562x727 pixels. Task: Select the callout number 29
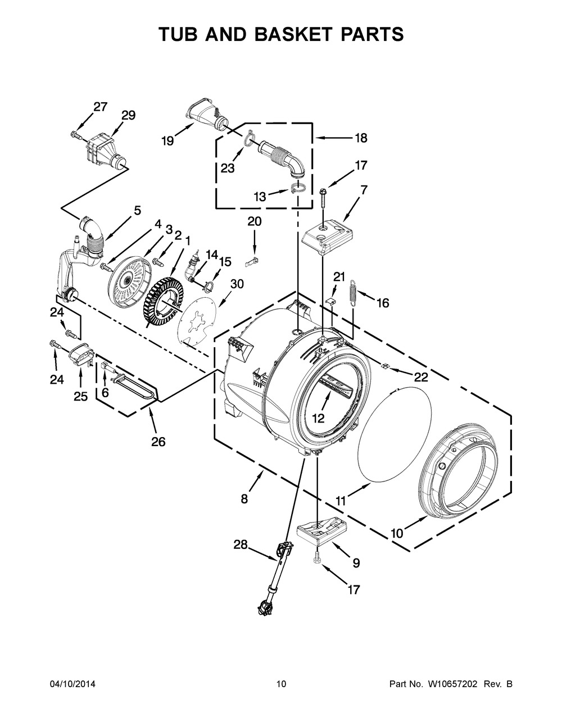pos(128,115)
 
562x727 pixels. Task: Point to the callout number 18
pos(360,137)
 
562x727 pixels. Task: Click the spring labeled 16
pos(353,293)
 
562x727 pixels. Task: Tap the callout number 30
pos(237,284)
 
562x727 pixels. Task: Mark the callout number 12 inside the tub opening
pos(319,418)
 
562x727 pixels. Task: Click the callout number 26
pos(158,442)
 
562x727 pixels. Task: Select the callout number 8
pos(244,498)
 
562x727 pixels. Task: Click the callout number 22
pos(421,376)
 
